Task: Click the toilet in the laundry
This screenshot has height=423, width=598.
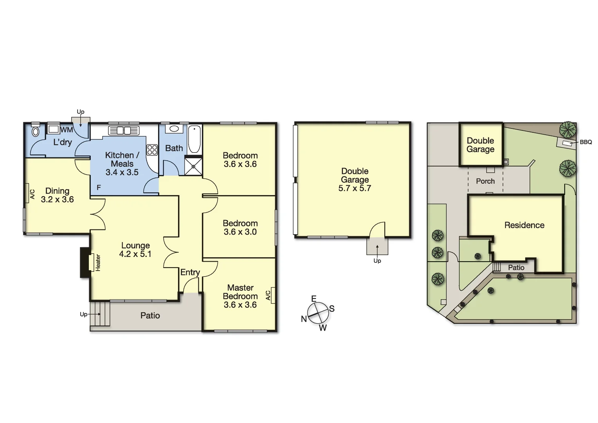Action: click(x=36, y=131)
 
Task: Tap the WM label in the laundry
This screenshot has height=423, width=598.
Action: click(x=67, y=130)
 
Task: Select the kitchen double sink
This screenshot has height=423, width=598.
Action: click(x=124, y=130)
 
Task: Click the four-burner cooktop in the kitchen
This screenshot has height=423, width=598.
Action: click(x=152, y=150)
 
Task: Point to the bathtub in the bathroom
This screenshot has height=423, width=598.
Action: click(x=195, y=139)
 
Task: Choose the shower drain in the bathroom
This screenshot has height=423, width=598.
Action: click(x=193, y=166)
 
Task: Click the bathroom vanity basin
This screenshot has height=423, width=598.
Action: click(x=174, y=128)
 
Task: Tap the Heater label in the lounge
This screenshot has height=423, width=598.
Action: click(x=98, y=262)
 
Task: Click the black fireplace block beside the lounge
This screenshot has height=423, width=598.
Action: click(x=85, y=262)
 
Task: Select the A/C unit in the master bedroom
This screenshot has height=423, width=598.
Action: click(x=273, y=295)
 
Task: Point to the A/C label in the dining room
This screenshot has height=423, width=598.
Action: click(x=32, y=194)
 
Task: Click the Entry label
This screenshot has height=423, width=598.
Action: click(x=190, y=272)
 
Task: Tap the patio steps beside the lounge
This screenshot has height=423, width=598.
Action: click(x=100, y=314)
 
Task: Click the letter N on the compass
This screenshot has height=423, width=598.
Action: click(x=304, y=319)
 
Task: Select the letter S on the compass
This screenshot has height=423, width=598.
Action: click(x=331, y=309)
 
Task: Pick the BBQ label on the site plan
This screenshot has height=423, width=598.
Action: click(x=585, y=142)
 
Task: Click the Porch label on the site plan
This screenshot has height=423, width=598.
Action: click(x=485, y=181)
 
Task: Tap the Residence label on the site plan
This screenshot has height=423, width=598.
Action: click(x=524, y=225)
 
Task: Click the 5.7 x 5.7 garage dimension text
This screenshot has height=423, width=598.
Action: click(x=355, y=188)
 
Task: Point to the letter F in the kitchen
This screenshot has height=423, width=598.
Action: click(x=99, y=188)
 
